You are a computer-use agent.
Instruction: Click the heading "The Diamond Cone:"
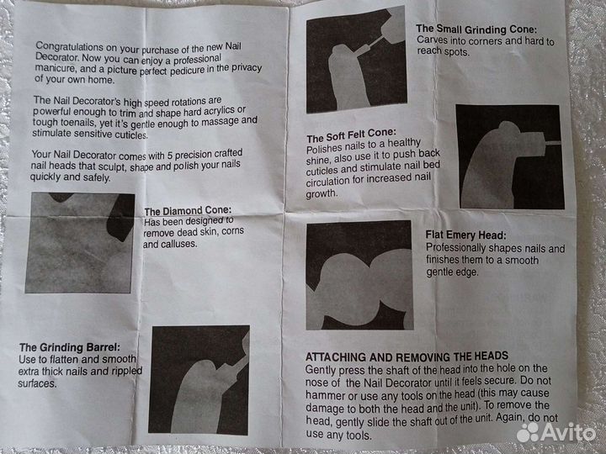[188, 211]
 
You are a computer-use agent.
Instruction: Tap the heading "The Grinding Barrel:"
[70, 347]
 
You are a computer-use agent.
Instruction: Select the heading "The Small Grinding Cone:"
[476, 29]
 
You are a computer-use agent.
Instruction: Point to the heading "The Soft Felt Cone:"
[351, 135]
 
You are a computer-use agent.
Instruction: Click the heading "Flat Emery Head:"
[465, 235]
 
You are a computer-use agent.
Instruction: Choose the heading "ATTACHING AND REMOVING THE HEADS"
[407, 356]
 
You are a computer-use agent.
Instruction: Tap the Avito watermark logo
[556, 432]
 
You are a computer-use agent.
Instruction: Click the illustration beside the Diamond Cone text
[80, 243]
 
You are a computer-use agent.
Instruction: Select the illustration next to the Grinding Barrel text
[199, 380]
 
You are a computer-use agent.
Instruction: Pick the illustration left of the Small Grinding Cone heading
[356, 60]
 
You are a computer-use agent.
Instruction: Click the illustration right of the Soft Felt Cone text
[510, 156]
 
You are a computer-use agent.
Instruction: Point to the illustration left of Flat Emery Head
[359, 275]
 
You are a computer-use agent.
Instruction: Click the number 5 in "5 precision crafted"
[169, 156]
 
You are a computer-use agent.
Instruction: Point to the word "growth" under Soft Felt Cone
[322, 193]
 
